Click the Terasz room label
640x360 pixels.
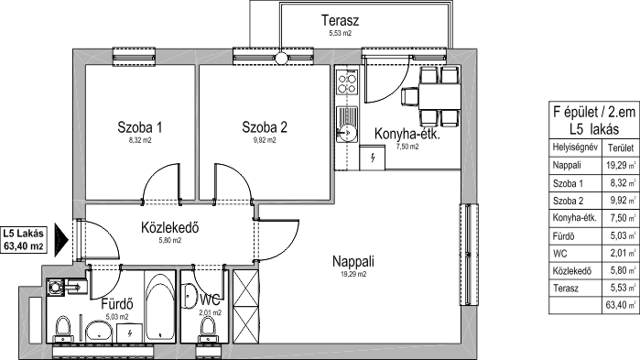coord(340,20)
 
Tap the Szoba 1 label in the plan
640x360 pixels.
coord(139,127)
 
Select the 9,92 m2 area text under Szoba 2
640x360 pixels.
coord(265,140)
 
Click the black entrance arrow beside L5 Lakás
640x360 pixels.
coord(61,240)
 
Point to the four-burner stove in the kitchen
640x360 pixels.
coord(347,83)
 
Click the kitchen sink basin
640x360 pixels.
coord(347,133)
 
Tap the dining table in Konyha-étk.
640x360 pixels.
coord(439,96)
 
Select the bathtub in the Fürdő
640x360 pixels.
coord(159,306)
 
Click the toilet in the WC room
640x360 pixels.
coord(208,330)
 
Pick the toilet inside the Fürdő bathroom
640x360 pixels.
coord(63,330)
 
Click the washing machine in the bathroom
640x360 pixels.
coord(56,288)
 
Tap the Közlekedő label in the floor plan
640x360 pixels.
coord(169,227)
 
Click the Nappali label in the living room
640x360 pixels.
coord(353,261)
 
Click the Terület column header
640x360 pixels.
coord(621,147)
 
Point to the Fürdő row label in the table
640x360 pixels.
coord(563,236)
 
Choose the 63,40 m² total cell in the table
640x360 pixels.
coord(621,305)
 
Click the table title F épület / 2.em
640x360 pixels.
coord(594,112)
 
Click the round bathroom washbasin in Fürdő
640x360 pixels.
coord(99,330)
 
